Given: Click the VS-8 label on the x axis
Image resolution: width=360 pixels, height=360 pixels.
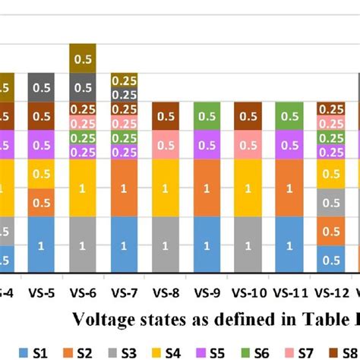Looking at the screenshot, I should [x=166, y=291].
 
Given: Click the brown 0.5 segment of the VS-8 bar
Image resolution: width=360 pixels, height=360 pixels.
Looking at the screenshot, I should [x=166, y=116].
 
